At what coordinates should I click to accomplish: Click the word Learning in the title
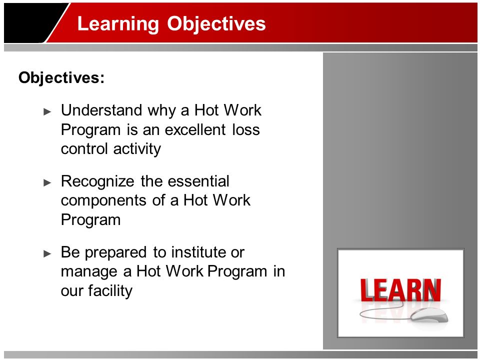point(118,24)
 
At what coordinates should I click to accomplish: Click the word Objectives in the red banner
point(216,23)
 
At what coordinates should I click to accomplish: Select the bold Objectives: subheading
point(61,77)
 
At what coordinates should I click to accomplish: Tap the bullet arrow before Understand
point(47,111)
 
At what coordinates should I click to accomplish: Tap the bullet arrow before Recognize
point(47,183)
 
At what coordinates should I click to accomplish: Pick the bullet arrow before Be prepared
point(47,253)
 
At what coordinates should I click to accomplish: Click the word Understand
point(101,110)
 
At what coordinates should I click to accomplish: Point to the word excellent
point(195,129)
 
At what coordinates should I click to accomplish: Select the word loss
point(246,129)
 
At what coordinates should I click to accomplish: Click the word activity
point(137,149)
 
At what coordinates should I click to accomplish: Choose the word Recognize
point(97,181)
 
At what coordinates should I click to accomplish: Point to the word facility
point(110,291)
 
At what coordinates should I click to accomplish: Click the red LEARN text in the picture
point(400,290)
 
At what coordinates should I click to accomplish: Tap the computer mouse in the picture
point(429,315)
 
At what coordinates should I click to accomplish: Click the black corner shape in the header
point(33,22)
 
